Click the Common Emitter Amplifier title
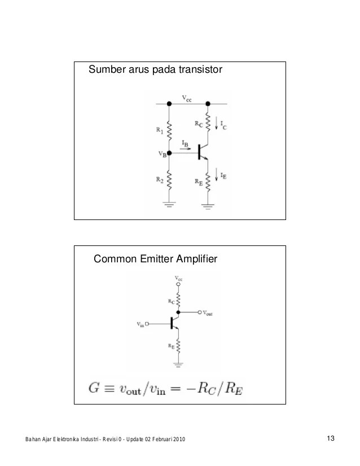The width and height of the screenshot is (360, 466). [155, 259]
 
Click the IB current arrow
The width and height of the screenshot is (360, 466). [185, 148]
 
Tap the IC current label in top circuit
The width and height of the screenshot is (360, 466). [225, 125]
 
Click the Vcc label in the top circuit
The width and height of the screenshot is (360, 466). [186, 98]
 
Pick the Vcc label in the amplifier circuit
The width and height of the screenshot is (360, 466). [178, 279]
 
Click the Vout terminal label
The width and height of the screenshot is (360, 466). [208, 312]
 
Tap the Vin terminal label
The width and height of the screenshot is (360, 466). [141, 324]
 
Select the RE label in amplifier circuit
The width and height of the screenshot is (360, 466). [170, 346]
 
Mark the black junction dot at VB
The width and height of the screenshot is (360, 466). [169, 152]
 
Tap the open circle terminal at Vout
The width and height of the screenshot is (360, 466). [199, 311]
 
